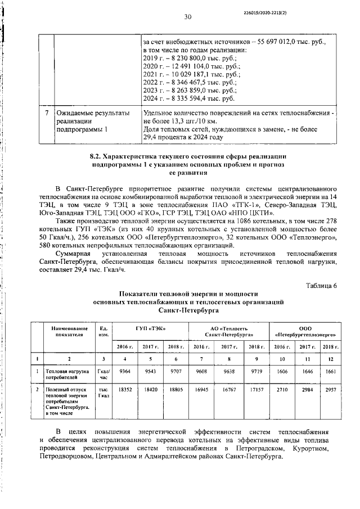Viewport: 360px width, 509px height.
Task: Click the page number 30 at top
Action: click(188, 17)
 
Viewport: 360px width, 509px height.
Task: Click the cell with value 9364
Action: click(125, 372)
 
